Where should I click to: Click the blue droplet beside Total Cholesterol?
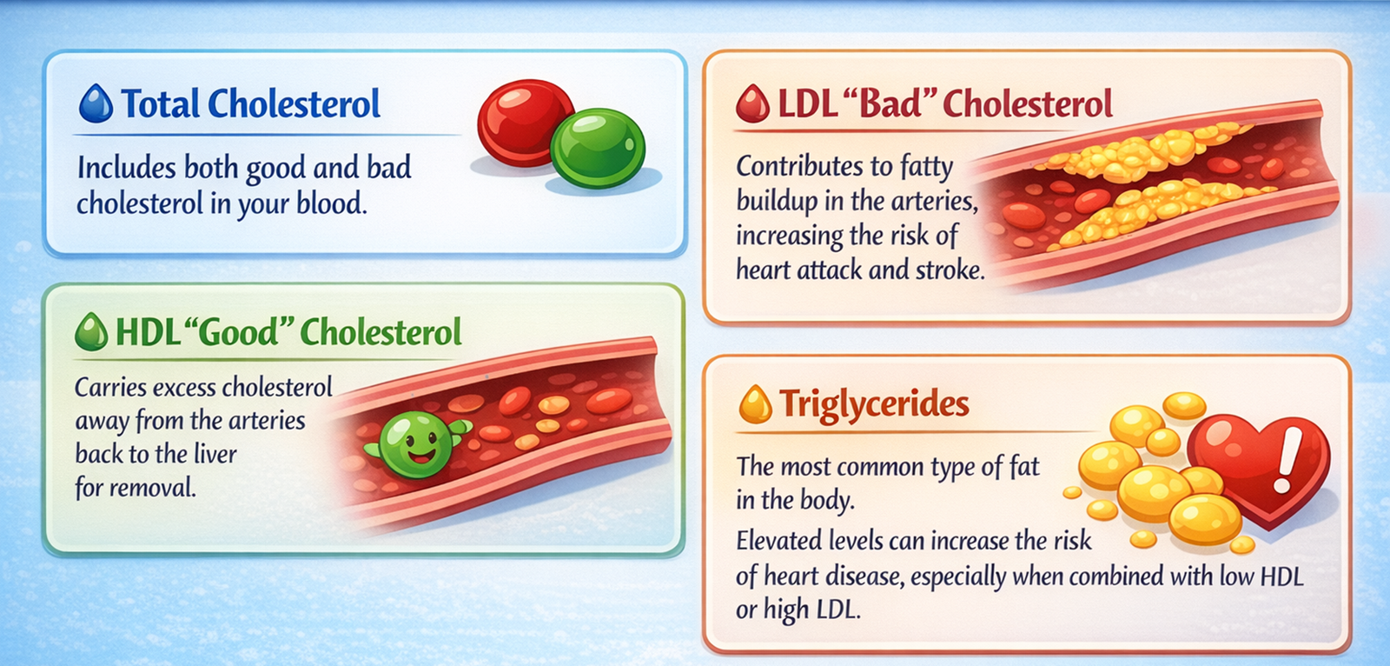point(96,103)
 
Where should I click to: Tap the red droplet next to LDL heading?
point(752,104)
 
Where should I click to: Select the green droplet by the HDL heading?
point(91,333)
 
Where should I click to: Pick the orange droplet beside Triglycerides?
point(755,404)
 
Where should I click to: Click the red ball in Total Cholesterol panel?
point(524,122)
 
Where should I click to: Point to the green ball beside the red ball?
point(598,148)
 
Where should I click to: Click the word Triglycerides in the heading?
point(874,404)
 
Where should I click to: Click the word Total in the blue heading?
point(161,104)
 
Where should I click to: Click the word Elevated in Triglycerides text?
point(779,541)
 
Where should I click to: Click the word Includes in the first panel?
point(127,168)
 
